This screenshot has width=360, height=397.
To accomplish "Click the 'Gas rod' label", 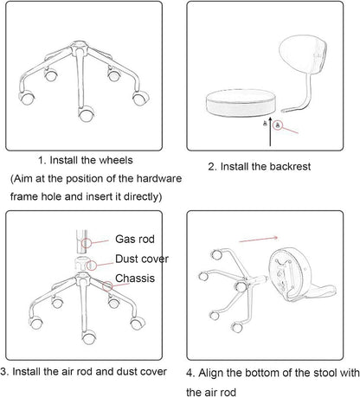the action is tap(135, 240).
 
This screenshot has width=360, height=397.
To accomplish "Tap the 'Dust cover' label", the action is tap(142, 259).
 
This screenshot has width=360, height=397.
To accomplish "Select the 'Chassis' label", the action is tap(135, 279).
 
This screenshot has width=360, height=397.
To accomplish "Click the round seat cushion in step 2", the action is tap(241, 103).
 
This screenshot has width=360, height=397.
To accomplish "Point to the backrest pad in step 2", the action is tap(303, 54).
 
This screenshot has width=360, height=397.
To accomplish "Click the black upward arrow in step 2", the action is tap(270, 131).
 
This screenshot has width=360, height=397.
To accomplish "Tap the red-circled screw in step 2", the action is tap(278, 125).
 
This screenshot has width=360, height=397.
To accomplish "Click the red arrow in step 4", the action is tap(259, 239).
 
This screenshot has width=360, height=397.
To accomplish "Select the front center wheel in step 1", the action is tap(86, 114).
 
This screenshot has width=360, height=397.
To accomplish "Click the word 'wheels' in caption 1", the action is tap(116, 160).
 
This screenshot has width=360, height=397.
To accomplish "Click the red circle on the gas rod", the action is tap(87, 243).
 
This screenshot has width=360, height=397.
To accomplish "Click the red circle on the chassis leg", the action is tap(108, 286).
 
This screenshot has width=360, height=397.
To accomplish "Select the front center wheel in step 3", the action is tap(89, 337).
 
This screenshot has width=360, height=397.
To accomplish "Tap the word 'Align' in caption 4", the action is tap(211, 373).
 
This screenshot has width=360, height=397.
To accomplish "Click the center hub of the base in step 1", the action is tap(79, 47).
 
